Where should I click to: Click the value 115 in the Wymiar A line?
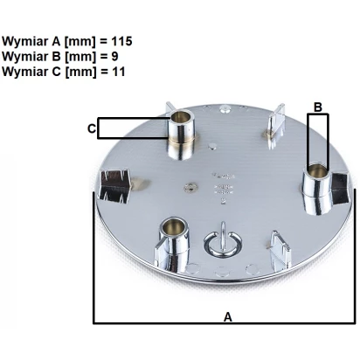pos(121,41)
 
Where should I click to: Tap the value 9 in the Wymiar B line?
pos(114,56)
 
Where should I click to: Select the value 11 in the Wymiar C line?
pos(119,72)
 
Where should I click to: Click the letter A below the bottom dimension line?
pos(228,316)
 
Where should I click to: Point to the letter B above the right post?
pos(318,107)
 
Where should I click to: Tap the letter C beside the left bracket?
pos(92,128)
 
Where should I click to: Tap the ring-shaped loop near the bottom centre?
pos(223,244)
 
